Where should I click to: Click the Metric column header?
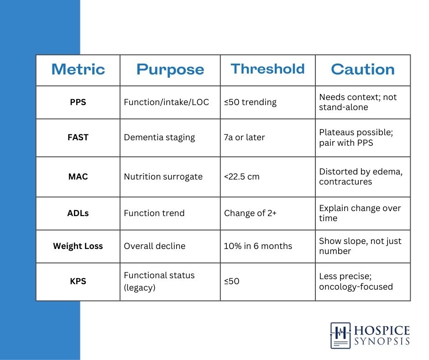[78, 69]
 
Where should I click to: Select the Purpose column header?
[170, 69]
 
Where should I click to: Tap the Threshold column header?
[267, 69]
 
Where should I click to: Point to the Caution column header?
[363, 69]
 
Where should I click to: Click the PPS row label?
[78, 102]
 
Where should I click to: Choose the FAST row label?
[78, 137]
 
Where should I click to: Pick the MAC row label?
[78, 177]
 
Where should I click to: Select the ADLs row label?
[78, 213]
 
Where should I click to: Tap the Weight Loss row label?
[78, 246]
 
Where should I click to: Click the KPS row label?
[78, 281]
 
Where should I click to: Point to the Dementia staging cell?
[159, 138]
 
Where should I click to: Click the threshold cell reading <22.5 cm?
[241, 177]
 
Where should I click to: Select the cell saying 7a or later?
[244, 137]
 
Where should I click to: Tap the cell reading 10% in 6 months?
[258, 246]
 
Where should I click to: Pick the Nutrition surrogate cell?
[163, 177]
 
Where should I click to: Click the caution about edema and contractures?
[361, 177]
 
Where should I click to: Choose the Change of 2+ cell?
[250, 213]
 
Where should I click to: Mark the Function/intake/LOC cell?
[166, 102]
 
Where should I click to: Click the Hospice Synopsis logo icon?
[340, 336]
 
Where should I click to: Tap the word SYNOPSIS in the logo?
[382, 341]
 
